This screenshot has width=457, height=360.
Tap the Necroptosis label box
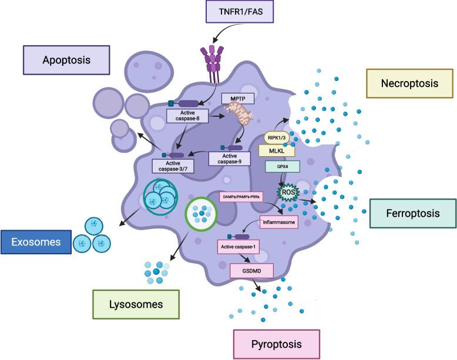[x=409, y=83]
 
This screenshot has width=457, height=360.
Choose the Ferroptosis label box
[x=412, y=213]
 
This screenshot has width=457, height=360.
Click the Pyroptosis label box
[x=277, y=344]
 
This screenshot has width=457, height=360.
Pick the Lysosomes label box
[x=136, y=304]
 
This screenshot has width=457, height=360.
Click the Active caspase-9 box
[x=230, y=158]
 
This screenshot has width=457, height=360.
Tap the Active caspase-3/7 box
[x=173, y=166]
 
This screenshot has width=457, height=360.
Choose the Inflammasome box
[x=279, y=223]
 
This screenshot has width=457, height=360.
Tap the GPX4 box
[x=281, y=166]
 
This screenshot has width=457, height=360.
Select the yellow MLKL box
[x=277, y=150]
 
